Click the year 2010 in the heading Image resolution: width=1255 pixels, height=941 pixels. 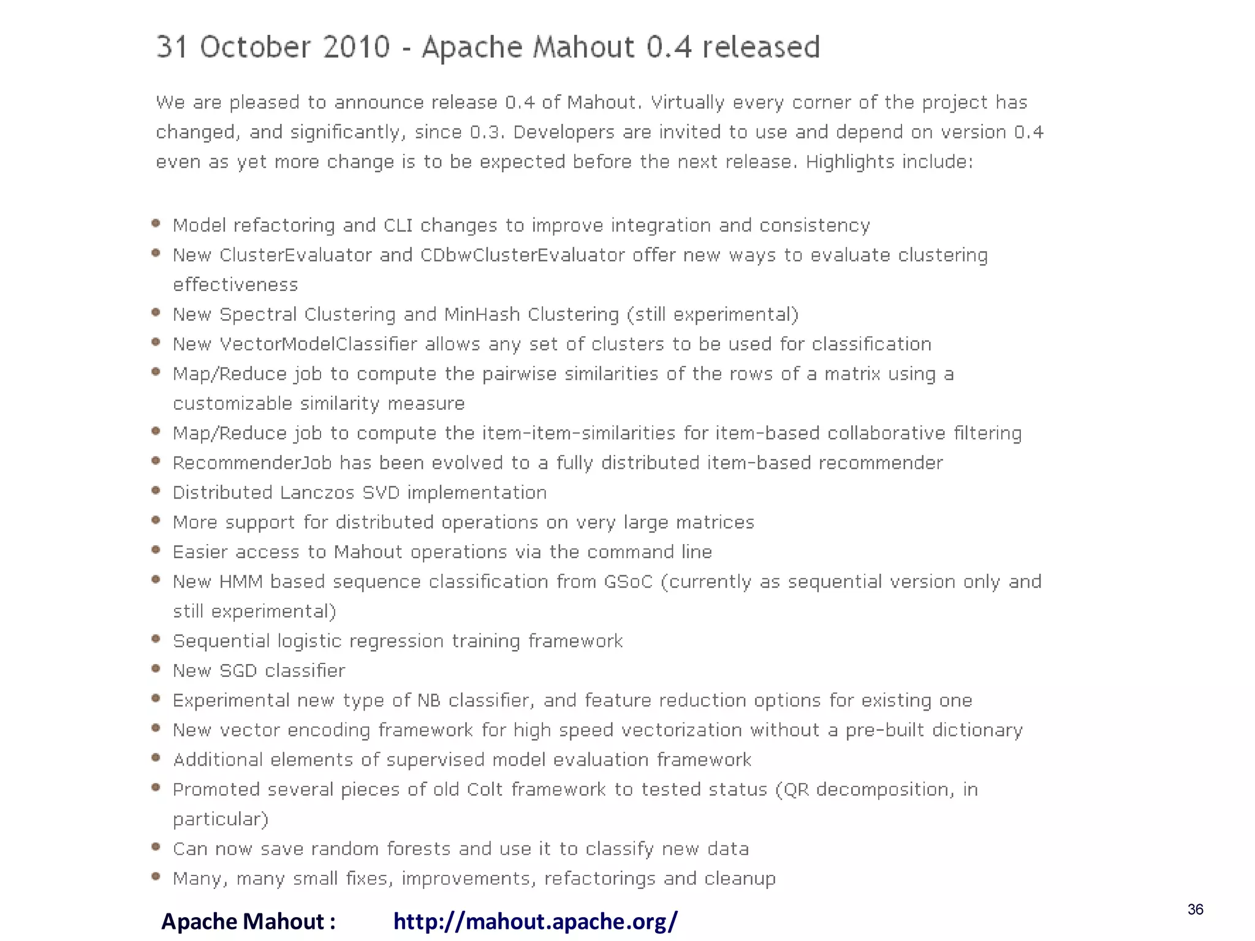(x=356, y=47)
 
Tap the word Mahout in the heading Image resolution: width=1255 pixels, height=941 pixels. (x=583, y=47)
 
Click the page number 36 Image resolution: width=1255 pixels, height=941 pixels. (x=1195, y=909)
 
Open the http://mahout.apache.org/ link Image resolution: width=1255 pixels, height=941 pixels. (x=535, y=921)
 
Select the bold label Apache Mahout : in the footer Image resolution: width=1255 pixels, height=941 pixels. (x=248, y=921)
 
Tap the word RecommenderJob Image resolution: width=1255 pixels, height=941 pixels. (x=252, y=463)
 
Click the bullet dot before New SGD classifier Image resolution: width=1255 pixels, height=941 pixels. (x=156, y=668)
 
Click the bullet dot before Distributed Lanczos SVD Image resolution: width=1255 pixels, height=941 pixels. (x=156, y=490)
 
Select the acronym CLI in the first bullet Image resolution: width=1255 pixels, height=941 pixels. (x=398, y=225)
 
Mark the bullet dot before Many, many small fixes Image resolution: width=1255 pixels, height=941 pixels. (x=156, y=876)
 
